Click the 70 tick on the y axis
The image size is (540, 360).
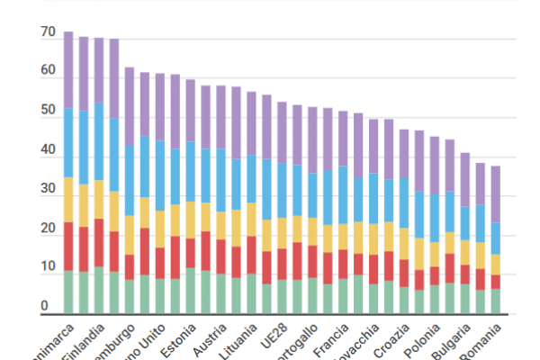click(x=48, y=33)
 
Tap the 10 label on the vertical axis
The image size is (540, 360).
click(x=48, y=269)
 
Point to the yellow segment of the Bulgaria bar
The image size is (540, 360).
click(x=464, y=251)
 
